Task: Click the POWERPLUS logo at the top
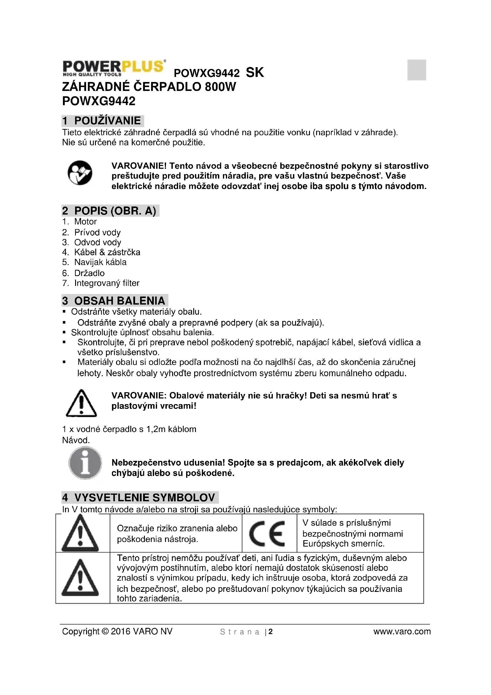(114, 68)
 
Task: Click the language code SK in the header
(255, 73)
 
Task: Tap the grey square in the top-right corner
(416, 70)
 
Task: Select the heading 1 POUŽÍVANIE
(102, 120)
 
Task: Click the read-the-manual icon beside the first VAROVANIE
(80, 173)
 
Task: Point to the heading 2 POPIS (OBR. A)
(110, 211)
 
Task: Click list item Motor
(85, 222)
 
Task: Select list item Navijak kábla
(100, 262)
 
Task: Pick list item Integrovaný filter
(107, 283)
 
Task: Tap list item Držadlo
(89, 273)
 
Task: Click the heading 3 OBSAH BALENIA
(114, 301)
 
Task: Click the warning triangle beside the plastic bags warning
(81, 403)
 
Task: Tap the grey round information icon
(85, 463)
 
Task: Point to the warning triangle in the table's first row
(80, 534)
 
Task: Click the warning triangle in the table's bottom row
(80, 578)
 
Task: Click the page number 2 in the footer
(271, 632)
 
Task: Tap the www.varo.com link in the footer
(402, 631)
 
